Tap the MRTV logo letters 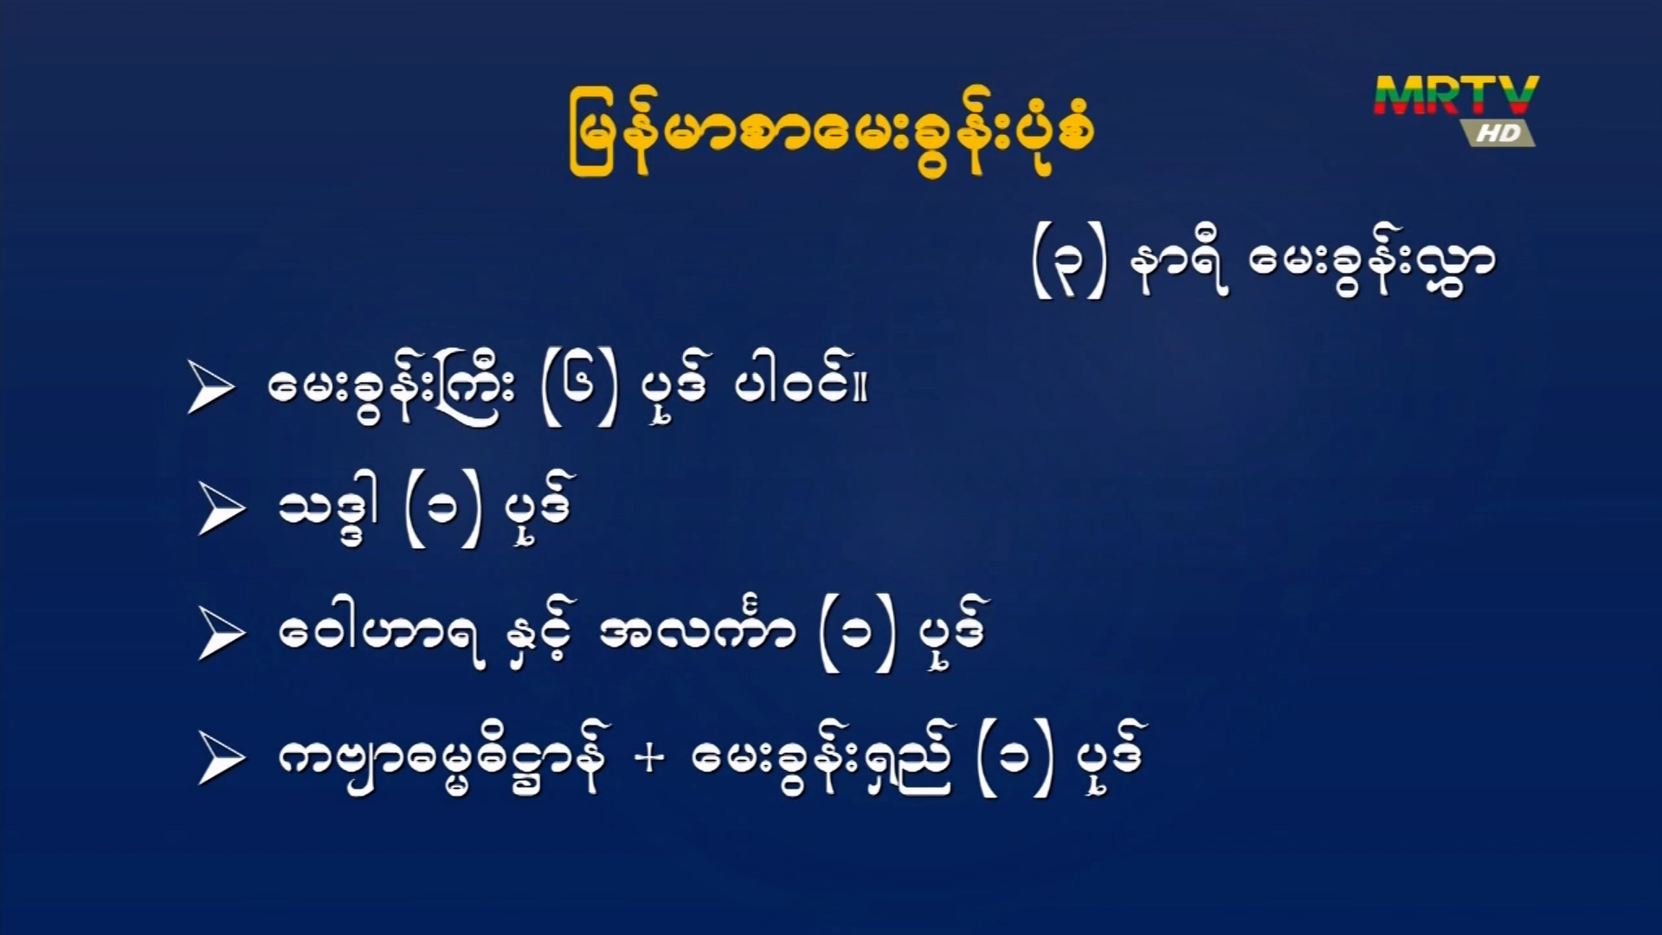[1456, 95]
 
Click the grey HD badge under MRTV [1498, 132]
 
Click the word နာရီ [1179, 265]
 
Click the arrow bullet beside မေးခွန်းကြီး [210, 389]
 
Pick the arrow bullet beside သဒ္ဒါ [222, 510]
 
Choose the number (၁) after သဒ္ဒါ [442, 513]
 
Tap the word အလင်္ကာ [697, 629]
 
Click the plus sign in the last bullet [649, 758]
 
